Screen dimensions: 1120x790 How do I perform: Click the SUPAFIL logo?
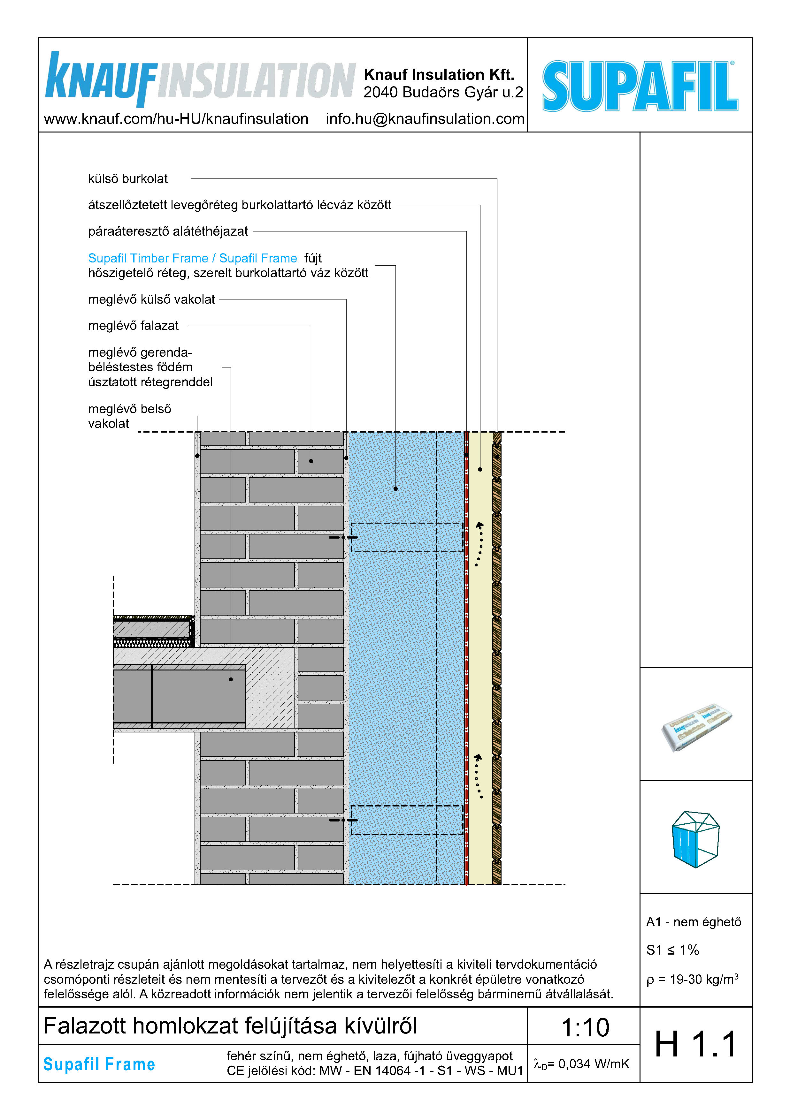pos(640,86)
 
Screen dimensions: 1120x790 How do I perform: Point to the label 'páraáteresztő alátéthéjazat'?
pos(168,231)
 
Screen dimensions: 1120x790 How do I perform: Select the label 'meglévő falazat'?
pos(133,326)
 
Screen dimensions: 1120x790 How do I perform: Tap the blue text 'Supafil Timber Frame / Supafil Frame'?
pos(192,258)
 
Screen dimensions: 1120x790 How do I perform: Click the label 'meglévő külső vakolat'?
pos(151,299)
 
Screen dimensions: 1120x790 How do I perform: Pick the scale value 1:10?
pos(585,1027)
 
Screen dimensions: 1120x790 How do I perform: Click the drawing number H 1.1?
pos(695,1045)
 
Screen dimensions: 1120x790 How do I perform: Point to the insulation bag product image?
pos(696,727)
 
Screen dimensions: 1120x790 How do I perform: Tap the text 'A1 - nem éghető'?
pos(694,922)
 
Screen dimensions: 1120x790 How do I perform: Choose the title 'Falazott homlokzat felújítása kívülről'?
pos(230,1026)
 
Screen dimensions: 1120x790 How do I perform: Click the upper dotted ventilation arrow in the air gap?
pos(479,543)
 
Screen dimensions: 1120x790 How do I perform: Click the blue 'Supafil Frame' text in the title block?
pos(99,1064)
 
